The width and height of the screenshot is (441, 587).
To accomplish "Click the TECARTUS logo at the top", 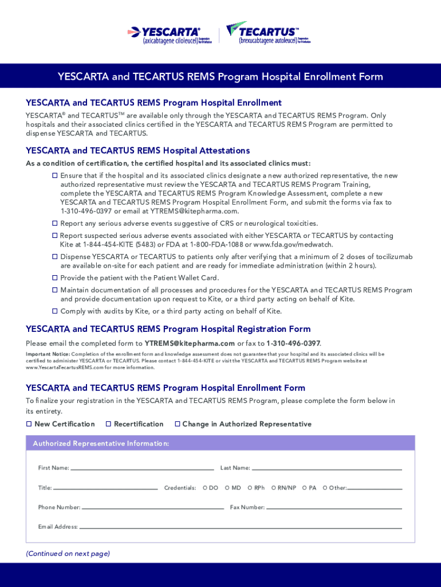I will click(268, 34).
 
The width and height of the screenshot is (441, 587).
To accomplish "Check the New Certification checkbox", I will click(29, 424).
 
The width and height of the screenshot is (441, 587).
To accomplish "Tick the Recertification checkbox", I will click(109, 424).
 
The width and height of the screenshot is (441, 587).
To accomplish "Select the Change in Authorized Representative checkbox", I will click(178, 424).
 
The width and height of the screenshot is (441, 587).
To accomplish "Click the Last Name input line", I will click(326, 468).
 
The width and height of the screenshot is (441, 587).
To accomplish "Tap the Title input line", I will click(105, 488).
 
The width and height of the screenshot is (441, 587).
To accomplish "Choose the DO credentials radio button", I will click(205, 488).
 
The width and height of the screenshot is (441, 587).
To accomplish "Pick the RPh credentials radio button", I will click(250, 488).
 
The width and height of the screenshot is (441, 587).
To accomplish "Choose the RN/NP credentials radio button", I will click(274, 488).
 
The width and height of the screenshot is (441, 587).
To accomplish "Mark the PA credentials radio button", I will click(305, 488).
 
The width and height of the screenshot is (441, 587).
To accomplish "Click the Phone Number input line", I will click(152, 508).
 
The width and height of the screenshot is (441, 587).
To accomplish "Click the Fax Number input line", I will click(334, 508).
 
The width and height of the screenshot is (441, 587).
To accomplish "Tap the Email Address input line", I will click(241, 527).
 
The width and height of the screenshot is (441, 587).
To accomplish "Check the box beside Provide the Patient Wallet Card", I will click(55, 278).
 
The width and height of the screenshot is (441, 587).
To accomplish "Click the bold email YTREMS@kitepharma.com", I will click(190, 343).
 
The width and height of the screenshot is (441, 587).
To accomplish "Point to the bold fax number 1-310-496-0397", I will click(293, 343).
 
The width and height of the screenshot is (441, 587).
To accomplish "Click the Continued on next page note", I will click(68, 554).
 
